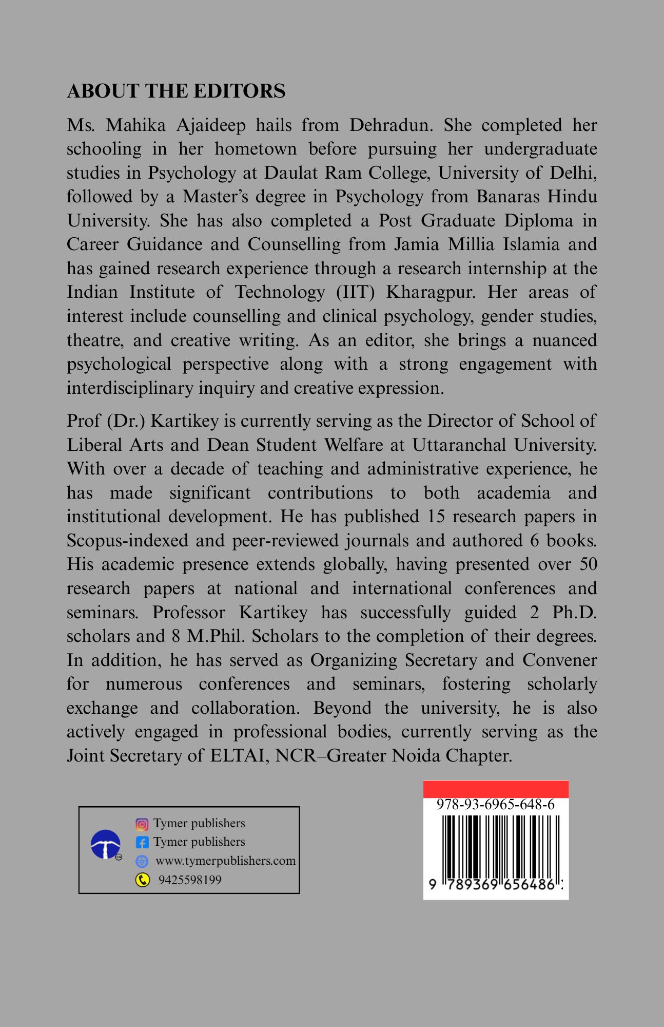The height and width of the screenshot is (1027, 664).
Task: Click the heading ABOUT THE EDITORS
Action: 176,91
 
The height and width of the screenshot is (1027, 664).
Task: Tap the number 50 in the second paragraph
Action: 588,564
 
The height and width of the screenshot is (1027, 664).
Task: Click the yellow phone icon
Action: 142,880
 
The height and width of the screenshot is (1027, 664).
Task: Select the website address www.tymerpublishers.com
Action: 226,861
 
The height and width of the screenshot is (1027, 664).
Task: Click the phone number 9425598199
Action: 190,880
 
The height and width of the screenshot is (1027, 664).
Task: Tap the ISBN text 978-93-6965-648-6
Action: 495,805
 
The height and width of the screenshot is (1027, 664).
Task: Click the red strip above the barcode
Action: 496,788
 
